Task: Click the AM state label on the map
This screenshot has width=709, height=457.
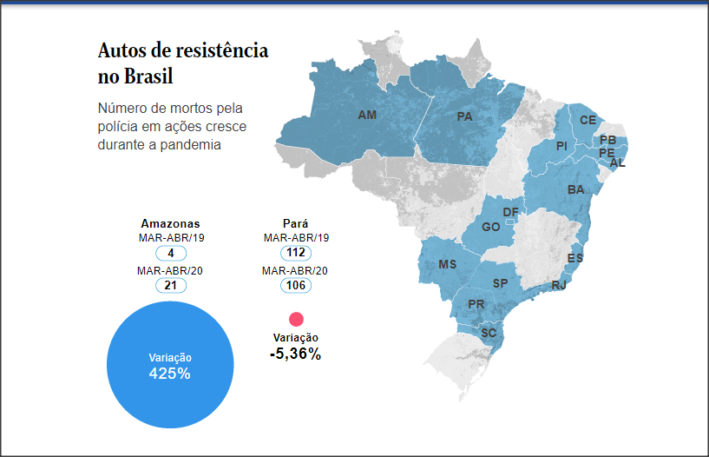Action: (367, 115)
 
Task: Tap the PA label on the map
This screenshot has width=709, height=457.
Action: (464, 116)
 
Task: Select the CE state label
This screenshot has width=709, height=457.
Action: (588, 120)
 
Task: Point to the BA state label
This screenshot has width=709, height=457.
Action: (576, 189)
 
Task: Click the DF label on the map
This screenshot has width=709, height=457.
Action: (510, 212)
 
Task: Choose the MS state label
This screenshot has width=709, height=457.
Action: (448, 264)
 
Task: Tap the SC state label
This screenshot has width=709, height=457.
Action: (488, 333)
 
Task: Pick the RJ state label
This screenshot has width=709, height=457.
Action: (559, 285)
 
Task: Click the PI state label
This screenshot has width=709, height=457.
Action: (561, 146)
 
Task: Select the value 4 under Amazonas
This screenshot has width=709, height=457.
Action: (171, 253)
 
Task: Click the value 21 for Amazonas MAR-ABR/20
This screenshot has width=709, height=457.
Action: (171, 285)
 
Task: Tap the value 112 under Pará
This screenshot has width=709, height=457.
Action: (296, 253)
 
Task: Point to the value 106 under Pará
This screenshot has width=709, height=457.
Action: (296, 285)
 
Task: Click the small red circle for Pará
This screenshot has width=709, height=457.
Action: (296, 319)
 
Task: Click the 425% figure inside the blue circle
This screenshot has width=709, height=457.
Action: (170, 374)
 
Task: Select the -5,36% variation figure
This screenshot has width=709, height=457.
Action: (295, 354)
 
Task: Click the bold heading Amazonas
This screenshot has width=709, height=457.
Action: (170, 223)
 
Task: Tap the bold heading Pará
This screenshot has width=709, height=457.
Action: (296, 223)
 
